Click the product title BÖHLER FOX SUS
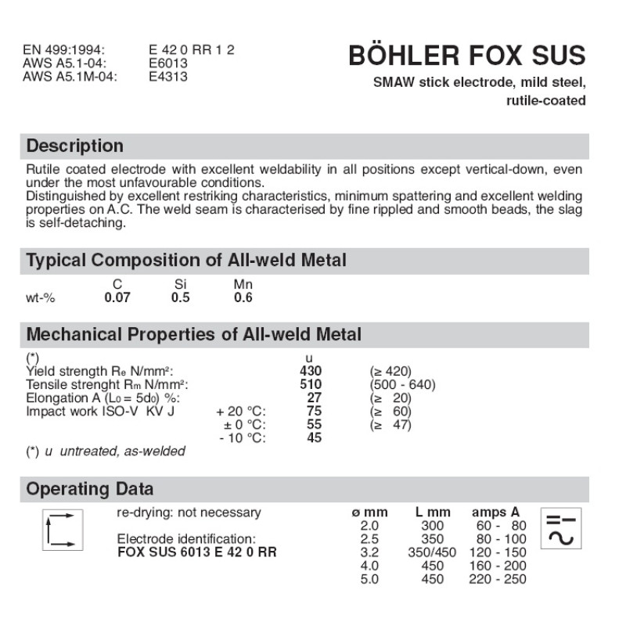click(466, 56)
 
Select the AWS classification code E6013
click(168, 63)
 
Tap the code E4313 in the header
click(168, 77)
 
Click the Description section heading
click(75, 146)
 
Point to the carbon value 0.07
click(117, 298)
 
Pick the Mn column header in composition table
click(243, 285)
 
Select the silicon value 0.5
click(180, 298)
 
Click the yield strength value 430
click(311, 371)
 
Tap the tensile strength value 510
click(311, 384)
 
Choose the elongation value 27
click(315, 398)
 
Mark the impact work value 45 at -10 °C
click(315, 438)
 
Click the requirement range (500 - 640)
click(402, 384)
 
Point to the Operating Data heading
click(90, 490)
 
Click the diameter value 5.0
click(369, 580)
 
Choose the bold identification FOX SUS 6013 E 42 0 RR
click(196, 552)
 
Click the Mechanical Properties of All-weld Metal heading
click(194, 335)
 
